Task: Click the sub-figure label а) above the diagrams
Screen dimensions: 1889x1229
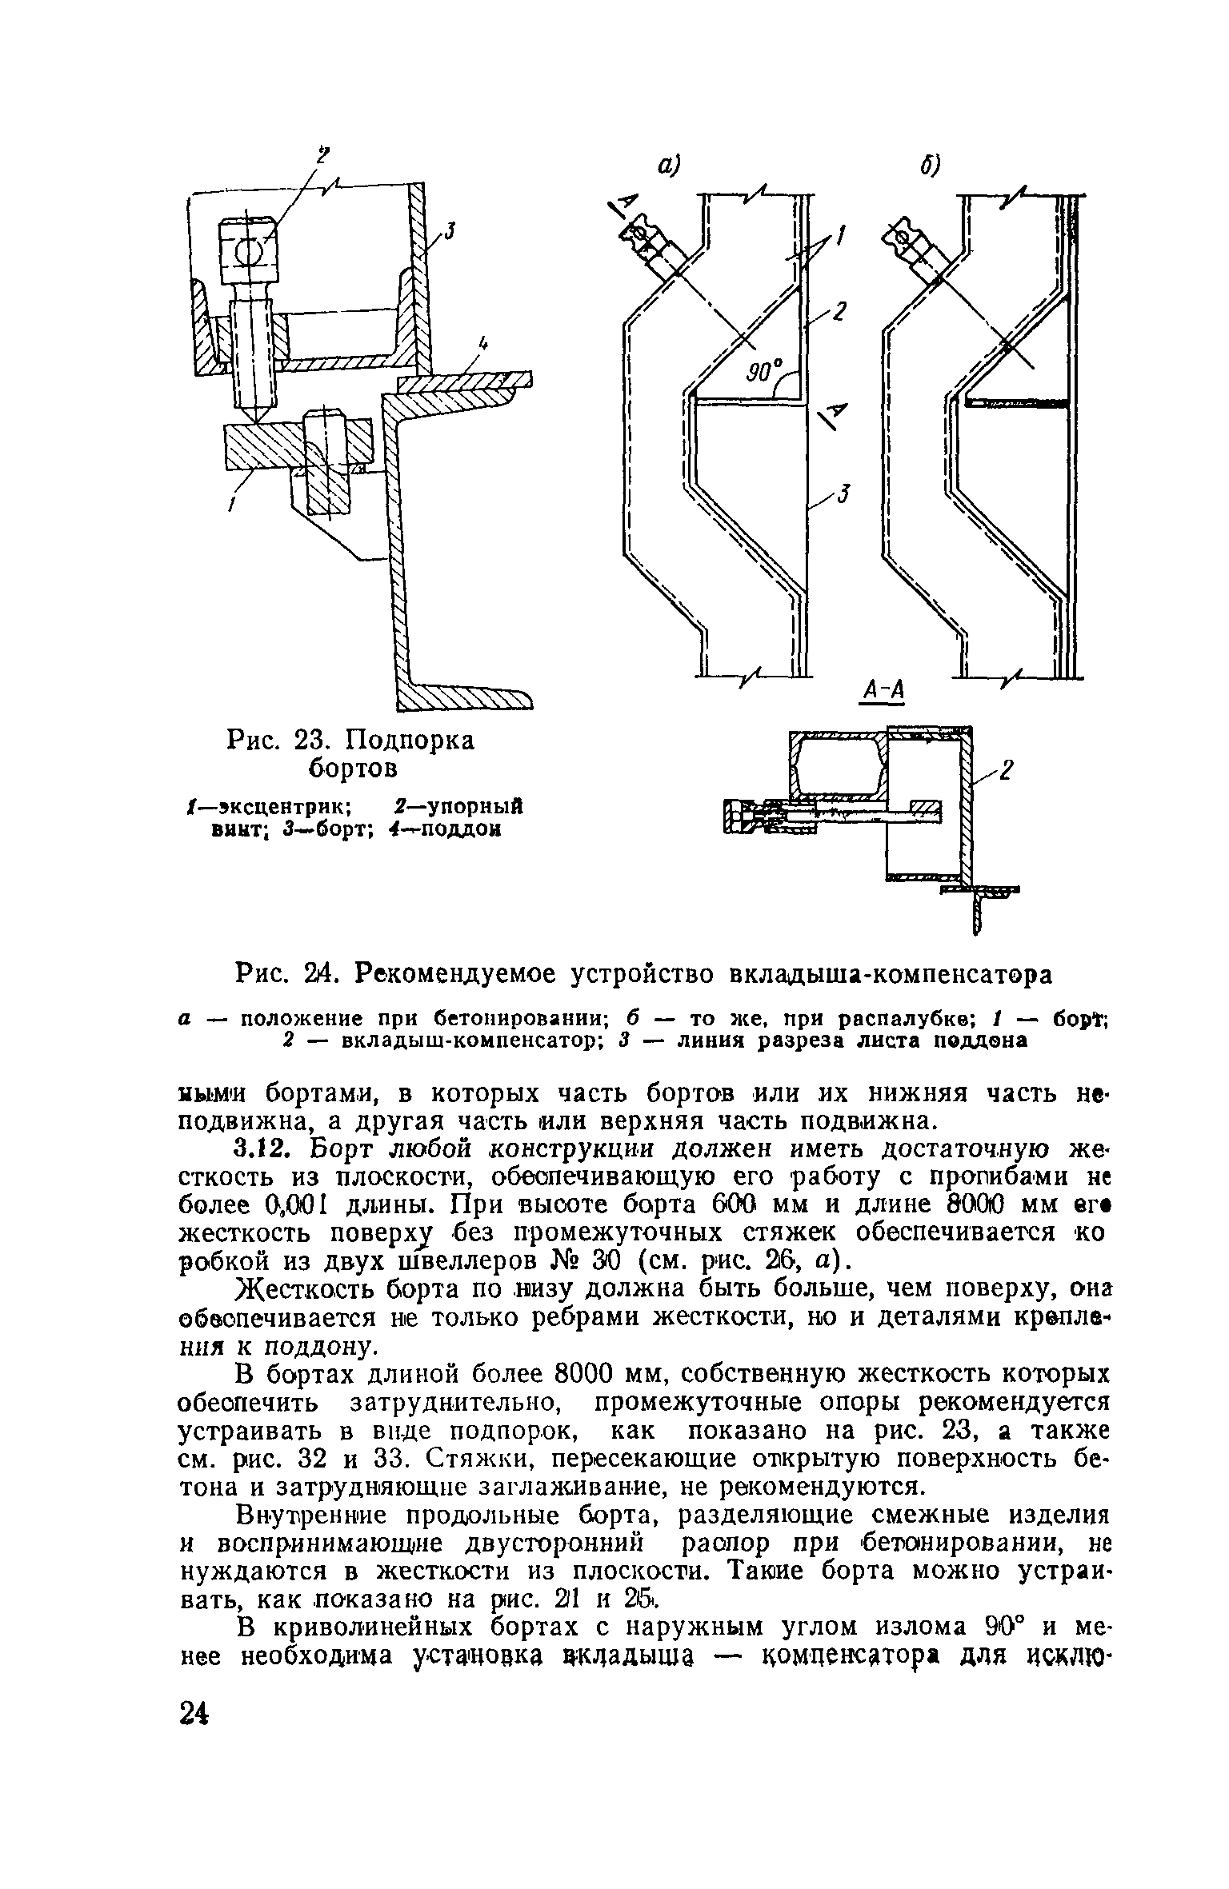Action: pyautogui.click(x=668, y=165)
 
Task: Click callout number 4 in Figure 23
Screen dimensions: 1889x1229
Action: pyautogui.click(x=482, y=345)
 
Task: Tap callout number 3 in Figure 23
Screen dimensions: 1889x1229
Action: pyautogui.click(x=450, y=231)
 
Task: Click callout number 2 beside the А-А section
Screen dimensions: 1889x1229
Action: pyautogui.click(x=1007, y=770)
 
